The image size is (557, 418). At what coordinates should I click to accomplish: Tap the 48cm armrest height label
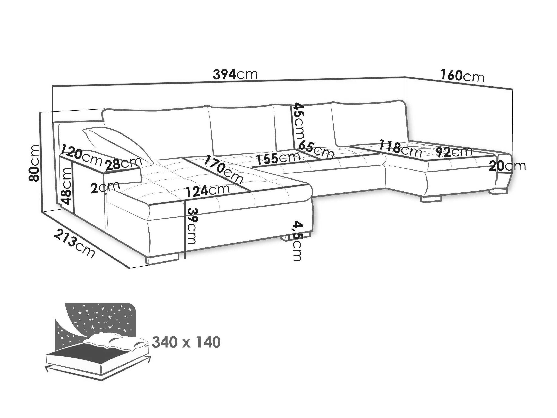coord(67,186)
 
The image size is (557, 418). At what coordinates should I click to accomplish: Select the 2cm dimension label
coord(105,188)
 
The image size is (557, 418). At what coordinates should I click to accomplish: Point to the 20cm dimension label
coord(507,166)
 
